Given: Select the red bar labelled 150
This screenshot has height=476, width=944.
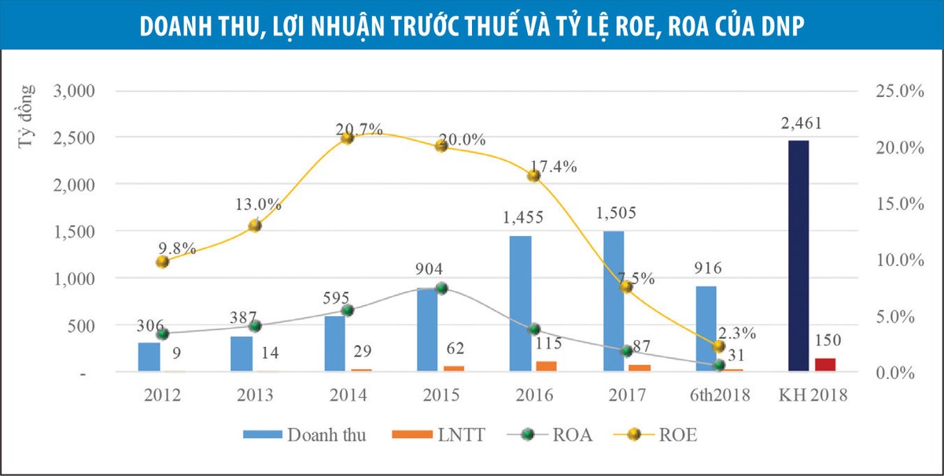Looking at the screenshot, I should tap(824, 364).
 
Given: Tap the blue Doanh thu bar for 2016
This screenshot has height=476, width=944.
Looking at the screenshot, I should tap(520, 303).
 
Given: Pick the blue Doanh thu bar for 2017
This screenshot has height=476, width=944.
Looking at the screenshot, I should tap(614, 301).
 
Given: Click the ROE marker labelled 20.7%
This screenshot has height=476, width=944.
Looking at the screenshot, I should tap(347, 138).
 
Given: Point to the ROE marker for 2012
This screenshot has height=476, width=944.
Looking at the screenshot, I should tap(162, 261).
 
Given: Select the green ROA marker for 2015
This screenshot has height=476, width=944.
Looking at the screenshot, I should tap(441, 288).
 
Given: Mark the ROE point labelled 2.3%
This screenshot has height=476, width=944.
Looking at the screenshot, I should tap(718, 346).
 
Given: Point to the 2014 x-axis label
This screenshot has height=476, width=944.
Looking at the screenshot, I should tap(347, 395).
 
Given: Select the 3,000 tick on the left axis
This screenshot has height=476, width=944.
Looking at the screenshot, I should tap(74, 90).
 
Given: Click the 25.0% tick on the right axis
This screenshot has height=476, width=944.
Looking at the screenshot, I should tap(898, 91).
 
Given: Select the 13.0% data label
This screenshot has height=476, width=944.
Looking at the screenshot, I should tap(258, 204).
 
